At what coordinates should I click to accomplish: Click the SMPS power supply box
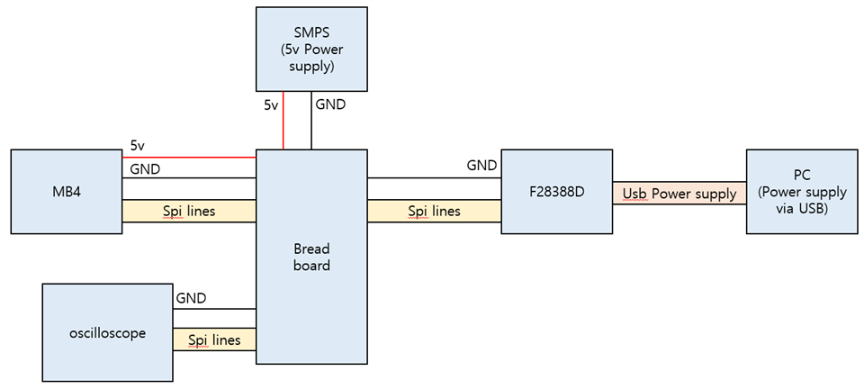(x=311, y=49)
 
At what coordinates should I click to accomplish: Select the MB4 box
(x=67, y=192)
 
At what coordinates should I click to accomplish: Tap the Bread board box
(x=311, y=257)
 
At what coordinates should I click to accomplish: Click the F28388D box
(x=556, y=192)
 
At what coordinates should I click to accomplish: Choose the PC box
(x=802, y=192)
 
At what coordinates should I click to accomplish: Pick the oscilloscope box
(x=107, y=333)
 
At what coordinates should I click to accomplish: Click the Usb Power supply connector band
(x=679, y=193)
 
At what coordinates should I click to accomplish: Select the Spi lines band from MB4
(x=189, y=211)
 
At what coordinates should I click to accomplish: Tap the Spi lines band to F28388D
(x=434, y=211)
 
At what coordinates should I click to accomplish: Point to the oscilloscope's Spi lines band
(x=214, y=339)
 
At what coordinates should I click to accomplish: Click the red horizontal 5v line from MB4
(x=189, y=157)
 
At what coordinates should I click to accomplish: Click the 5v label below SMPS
(x=271, y=105)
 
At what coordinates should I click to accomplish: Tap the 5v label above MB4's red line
(x=137, y=145)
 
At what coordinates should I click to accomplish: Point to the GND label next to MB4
(x=146, y=168)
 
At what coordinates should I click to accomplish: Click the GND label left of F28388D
(x=481, y=166)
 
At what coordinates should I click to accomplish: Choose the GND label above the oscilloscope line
(x=191, y=298)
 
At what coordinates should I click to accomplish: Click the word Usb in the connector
(x=634, y=194)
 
